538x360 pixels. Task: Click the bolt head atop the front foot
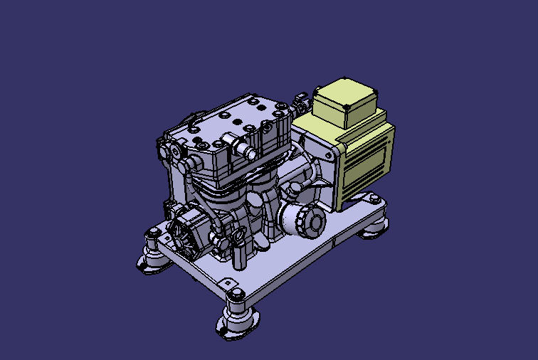tap(236, 294)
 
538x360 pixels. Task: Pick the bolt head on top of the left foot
tap(152, 234)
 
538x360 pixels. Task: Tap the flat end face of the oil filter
tap(315, 223)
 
